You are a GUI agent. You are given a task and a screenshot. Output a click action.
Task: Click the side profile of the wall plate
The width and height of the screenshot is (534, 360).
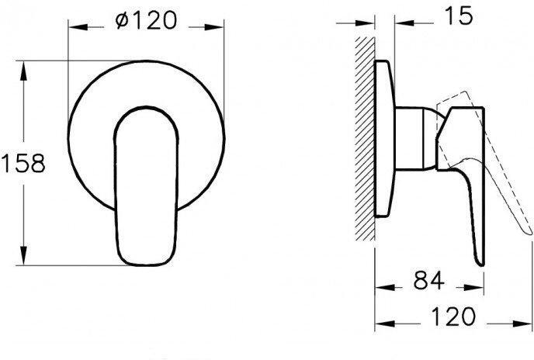point(383,140)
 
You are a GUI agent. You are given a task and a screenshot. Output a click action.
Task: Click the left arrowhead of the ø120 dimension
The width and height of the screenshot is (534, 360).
point(75,24)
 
